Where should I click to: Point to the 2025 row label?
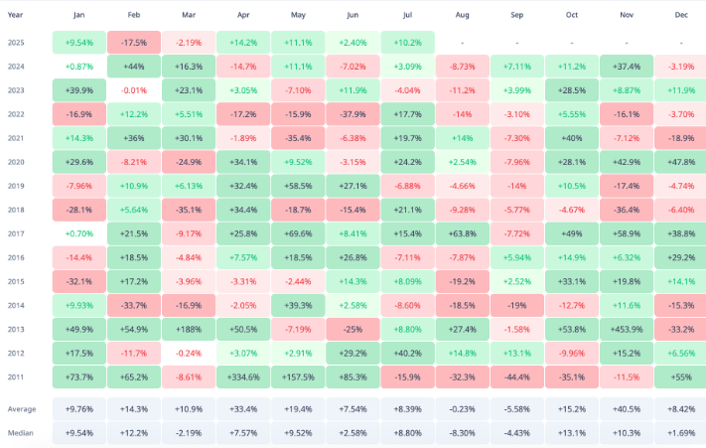[18, 44]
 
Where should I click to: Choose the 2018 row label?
[18, 209]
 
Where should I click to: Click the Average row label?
[23, 408]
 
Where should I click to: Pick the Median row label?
[22, 433]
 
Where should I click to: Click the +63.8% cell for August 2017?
[462, 232]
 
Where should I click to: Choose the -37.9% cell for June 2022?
[353, 114]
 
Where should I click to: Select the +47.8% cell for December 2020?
[681, 161]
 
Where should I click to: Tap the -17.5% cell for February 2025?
[134, 44]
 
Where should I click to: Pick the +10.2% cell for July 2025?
[407, 44]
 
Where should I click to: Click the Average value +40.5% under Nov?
[627, 408]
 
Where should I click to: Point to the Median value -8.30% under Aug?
[462, 433]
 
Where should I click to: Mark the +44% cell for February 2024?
[134, 67]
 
